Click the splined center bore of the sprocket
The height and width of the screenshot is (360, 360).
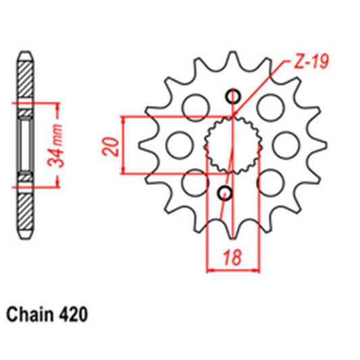point(232,144)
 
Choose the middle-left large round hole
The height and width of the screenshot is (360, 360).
point(179,143)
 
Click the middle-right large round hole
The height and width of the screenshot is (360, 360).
point(286,143)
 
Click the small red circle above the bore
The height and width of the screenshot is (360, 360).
point(233,96)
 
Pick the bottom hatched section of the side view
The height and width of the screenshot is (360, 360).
point(25,209)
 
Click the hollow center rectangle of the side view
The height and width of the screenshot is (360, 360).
point(25,144)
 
